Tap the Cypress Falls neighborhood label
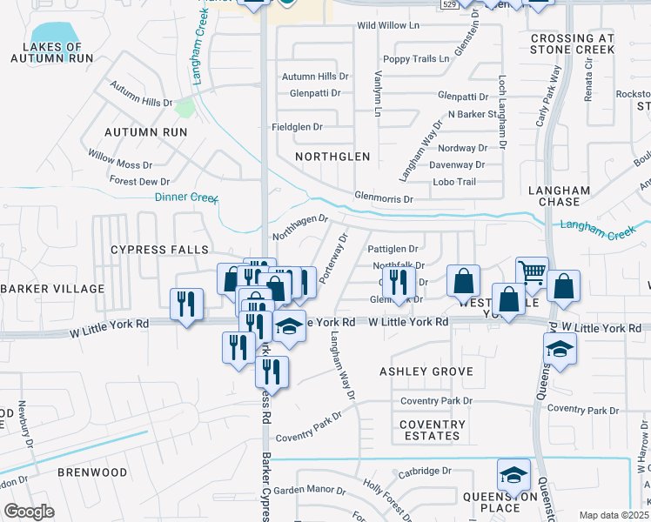pos(150,250)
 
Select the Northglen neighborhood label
pos(332,157)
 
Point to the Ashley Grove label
pos(426,371)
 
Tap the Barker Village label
pos(52,288)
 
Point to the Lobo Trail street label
pos(455,182)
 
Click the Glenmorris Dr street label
pos(384,199)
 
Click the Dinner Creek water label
pos(186,197)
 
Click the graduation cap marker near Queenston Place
pos(514,475)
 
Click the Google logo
pos(29,512)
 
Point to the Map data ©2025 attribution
pos(614,515)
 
